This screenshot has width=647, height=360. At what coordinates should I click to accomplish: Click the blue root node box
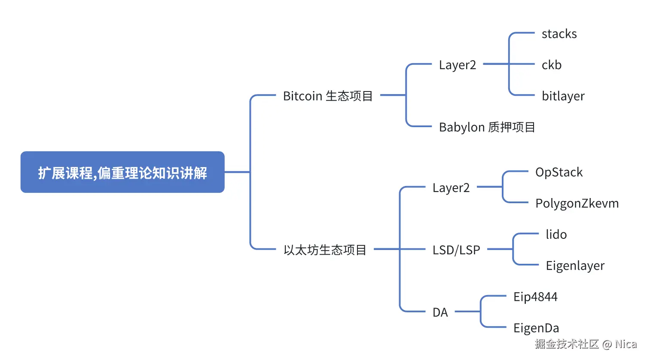122,172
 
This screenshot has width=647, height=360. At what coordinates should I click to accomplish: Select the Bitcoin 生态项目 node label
327,96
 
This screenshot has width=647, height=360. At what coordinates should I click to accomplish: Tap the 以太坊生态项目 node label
325,250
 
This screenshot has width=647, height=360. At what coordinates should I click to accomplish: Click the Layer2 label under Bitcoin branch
457,65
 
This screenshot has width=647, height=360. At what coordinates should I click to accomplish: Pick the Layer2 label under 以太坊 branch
451,188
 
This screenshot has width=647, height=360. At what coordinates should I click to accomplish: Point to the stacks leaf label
559,34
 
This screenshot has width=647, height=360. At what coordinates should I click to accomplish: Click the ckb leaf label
551,65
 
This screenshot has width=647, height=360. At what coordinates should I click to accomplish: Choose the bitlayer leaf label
563,96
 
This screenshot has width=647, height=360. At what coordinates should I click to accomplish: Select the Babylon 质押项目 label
487,127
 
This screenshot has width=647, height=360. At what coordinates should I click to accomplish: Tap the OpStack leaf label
558,172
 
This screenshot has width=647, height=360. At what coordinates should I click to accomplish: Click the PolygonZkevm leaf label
577,203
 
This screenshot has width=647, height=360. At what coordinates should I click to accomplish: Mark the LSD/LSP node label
456,250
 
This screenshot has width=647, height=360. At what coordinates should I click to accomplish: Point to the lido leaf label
556,235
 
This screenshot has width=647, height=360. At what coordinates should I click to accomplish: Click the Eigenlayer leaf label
575,265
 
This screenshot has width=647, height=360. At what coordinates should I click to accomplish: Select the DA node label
440,312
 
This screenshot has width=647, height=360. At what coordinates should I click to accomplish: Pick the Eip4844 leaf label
535,297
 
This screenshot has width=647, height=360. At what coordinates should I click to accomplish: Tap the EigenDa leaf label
536,328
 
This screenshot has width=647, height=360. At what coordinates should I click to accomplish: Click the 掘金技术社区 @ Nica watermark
586,344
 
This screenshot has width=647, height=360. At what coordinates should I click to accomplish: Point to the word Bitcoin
302,96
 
